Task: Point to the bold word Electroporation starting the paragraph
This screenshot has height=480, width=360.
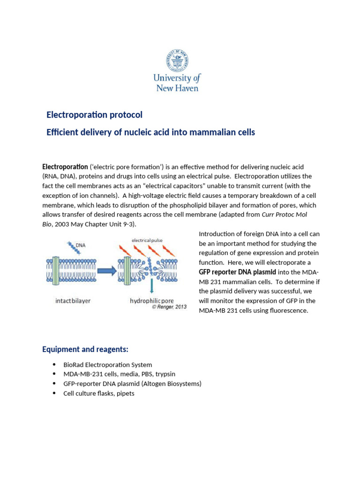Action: click(x=65, y=167)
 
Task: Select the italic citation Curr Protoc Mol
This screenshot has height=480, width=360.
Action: click(x=285, y=215)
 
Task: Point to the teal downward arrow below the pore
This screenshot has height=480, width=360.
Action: click(x=151, y=286)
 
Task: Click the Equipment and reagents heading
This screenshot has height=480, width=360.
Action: click(x=85, y=350)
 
